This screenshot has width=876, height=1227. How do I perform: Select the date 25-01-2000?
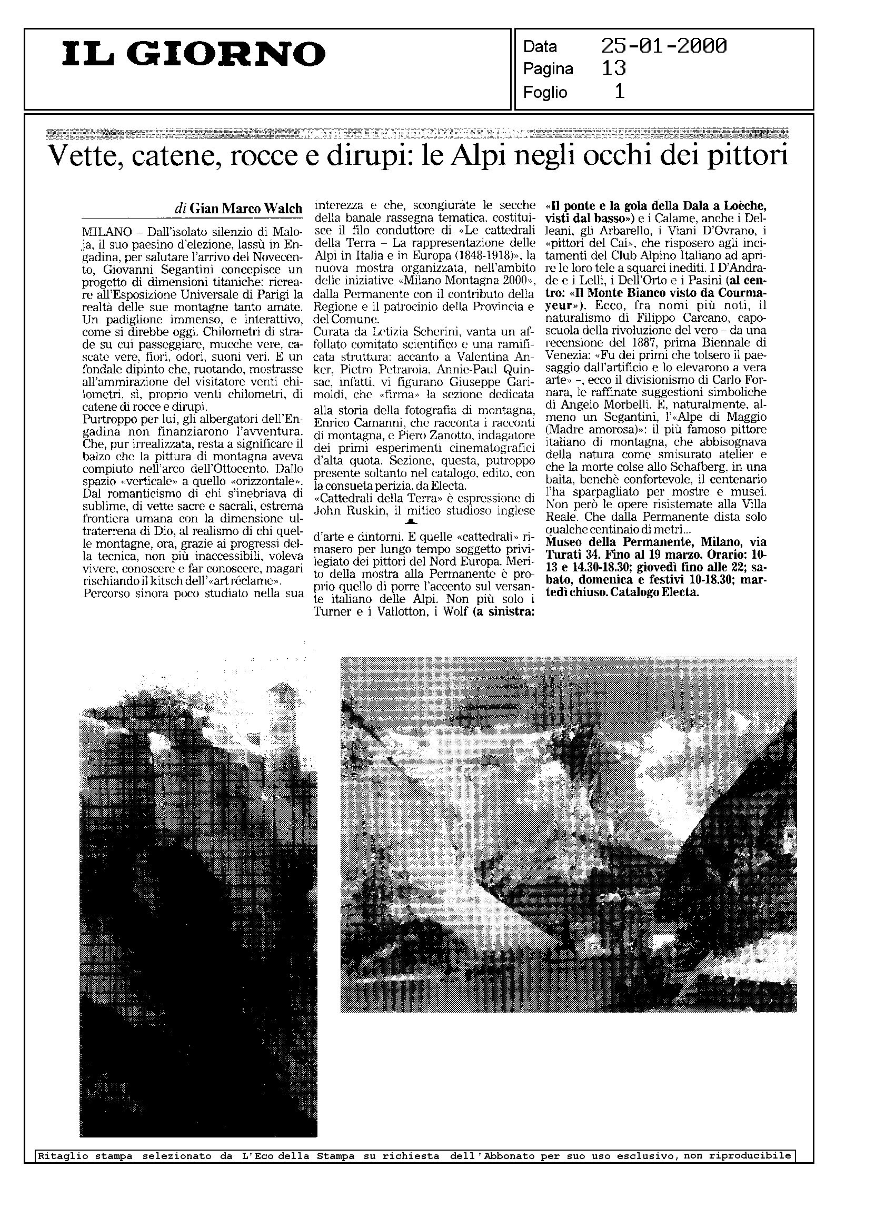click(x=664, y=46)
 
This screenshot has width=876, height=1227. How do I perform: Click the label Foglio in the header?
click(x=545, y=93)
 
